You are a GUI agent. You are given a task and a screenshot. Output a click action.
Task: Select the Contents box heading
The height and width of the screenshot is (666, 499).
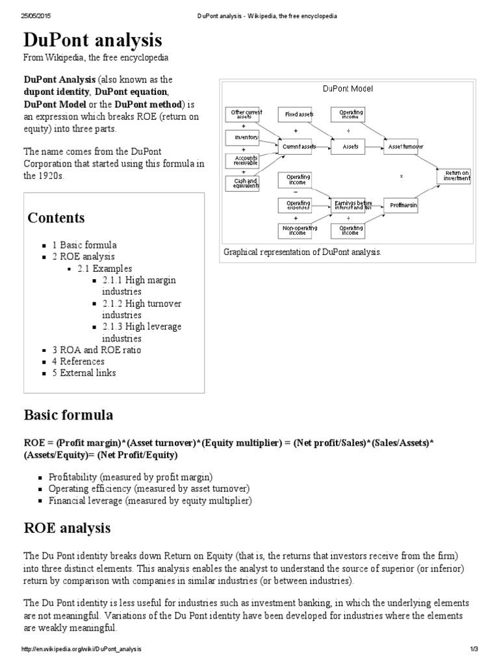(x=56, y=217)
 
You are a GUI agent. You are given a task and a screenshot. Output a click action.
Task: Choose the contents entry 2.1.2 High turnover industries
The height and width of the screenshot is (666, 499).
(x=141, y=310)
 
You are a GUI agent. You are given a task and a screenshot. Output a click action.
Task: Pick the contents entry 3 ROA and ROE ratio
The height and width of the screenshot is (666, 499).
(x=96, y=350)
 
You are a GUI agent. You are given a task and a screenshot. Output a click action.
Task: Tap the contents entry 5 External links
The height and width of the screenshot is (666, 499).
(x=88, y=373)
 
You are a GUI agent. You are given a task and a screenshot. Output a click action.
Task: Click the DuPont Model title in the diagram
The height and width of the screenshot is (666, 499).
(x=348, y=88)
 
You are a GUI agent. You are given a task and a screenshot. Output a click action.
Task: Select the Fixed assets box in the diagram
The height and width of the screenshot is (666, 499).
(x=299, y=114)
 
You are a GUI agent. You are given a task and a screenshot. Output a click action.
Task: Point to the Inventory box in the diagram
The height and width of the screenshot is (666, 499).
(x=242, y=138)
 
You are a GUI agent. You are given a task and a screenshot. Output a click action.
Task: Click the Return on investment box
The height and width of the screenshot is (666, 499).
(x=453, y=176)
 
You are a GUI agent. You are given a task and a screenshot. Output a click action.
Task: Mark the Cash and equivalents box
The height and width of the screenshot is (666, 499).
(x=242, y=183)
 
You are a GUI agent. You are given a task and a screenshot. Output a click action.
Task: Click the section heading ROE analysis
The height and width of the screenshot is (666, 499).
(x=67, y=528)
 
